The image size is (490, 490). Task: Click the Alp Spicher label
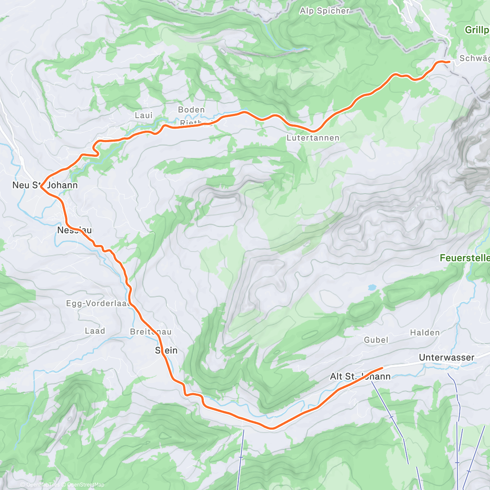(325, 11)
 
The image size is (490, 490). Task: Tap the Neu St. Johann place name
(45, 185)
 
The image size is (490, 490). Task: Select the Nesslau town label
(74, 230)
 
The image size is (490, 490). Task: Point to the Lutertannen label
(313, 138)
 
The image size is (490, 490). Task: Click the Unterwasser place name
(447, 358)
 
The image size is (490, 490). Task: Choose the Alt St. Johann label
(360, 376)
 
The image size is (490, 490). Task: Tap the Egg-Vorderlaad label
(98, 303)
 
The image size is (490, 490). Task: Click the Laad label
(95, 331)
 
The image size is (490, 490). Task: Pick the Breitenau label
(151, 332)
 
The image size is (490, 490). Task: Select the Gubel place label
(376, 340)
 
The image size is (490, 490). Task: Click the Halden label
(425, 333)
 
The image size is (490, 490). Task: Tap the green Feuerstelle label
(465, 258)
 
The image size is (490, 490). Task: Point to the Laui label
(144, 116)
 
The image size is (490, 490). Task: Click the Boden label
(192, 110)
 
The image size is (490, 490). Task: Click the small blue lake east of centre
(372, 287)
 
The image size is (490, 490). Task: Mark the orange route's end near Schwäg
(449, 62)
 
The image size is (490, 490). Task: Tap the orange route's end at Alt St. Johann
(382, 369)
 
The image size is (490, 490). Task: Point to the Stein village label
(166, 350)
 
